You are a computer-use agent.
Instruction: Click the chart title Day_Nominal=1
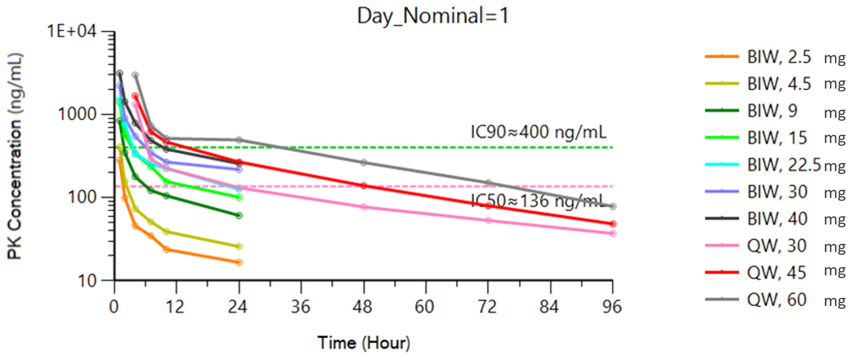tap(433, 16)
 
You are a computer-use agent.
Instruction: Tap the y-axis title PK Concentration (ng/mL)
tap(15, 156)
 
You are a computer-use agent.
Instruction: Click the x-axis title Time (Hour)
tap(364, 343)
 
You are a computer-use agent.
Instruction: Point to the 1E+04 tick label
tap(72, 31)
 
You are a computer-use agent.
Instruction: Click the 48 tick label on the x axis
tap(363, 307)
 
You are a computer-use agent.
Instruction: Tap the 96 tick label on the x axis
tap(612, 307)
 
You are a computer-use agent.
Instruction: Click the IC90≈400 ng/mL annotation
tap(538, 132)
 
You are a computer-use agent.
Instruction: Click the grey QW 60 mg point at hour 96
tap(613, 206)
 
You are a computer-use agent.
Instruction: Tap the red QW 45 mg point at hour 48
tap(364, 186)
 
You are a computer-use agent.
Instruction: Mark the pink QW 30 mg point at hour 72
tap(488, 220)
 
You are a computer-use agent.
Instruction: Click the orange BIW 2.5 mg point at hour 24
tap(239, 262)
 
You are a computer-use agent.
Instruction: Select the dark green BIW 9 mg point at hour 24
tap(239, 215)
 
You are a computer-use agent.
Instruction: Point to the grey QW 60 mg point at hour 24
tap(239, 140)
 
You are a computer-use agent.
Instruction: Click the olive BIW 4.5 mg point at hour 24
tap(239, 246)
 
